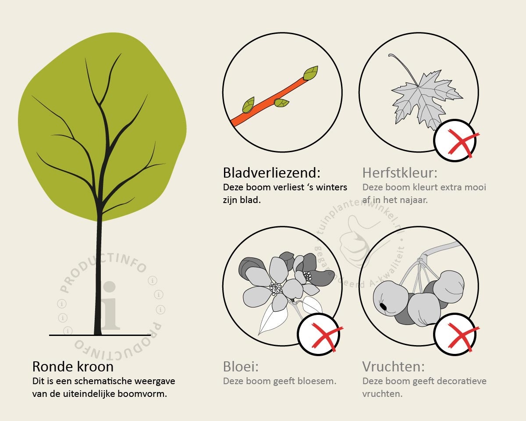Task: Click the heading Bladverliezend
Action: click(272, 173)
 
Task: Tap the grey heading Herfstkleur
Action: click(400, 173)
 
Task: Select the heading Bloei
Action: click(241, 367)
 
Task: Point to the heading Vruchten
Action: click(393, 367)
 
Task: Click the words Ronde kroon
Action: click(73, 367)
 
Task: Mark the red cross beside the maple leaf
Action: click(461, 143)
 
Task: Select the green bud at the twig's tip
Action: click(311, 73)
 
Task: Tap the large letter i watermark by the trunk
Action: click(110, 306)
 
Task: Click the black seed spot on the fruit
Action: click(384, 307)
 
